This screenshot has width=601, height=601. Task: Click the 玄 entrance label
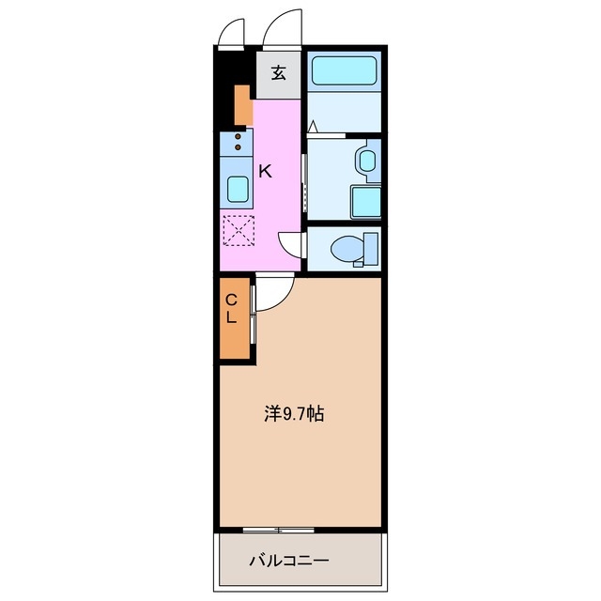279,73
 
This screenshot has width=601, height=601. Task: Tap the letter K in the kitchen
266,171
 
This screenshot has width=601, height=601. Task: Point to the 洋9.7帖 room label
294,413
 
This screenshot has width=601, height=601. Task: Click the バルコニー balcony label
288,562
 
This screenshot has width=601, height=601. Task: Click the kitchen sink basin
238,190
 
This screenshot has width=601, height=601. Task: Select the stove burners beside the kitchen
238,142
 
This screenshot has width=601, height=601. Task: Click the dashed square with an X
238,229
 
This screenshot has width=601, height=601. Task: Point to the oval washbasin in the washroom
365,161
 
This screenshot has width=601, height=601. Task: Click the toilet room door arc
294,244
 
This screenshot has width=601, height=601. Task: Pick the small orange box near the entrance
242,104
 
